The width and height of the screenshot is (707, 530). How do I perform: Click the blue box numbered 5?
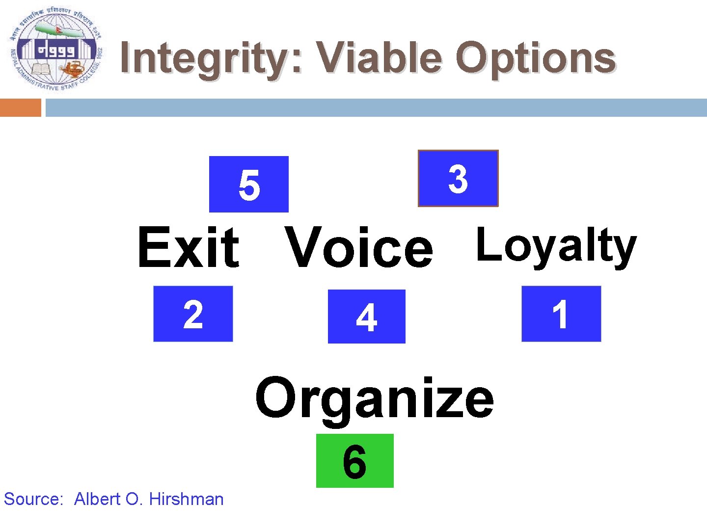[248, 184]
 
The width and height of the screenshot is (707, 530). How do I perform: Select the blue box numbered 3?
[458, 178]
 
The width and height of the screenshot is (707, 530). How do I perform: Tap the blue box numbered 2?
[193, 314]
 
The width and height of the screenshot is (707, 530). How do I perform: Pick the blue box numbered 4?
[366, 317]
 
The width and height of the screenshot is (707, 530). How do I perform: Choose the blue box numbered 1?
[561, 314]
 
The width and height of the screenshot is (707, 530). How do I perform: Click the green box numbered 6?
[354, 461]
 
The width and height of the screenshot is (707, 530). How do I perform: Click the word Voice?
[359, 248]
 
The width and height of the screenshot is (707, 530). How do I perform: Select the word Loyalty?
[556, 246]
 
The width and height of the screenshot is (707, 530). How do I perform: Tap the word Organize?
[374, 398]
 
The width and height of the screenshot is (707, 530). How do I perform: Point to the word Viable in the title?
[378, 57]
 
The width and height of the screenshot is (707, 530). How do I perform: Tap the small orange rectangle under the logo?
[21, 107]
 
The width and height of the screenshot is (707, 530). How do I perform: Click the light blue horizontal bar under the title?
[376, 107]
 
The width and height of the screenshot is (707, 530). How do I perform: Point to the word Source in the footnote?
[32, 499]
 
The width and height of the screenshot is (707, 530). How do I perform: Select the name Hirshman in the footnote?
[186, 499]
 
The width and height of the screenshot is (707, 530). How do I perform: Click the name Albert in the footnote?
[97, 499]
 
